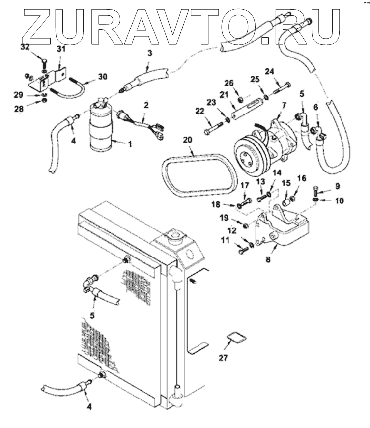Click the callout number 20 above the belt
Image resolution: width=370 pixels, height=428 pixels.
pyautogui.click(x=187, y=140)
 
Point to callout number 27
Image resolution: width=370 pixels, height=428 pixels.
pyautogui.click(x=223, y=358)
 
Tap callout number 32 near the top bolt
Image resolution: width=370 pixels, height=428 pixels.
pyautogui.click(x=25, y=47)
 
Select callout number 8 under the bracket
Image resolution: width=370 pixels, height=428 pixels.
pyautogui.click(x=268, y=259)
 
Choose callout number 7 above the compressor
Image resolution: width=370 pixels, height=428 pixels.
pyautogui.click(x=284, y=105)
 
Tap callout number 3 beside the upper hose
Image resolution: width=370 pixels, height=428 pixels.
pyautogui.click(x=150, y=53)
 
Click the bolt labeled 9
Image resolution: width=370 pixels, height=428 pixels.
pyautogui.click(x=316, y=190)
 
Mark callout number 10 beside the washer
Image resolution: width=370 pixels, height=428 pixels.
pyautogui.click(x=339, y=201)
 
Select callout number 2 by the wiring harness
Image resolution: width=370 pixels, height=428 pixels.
pyautogui.click(x=146, y=105)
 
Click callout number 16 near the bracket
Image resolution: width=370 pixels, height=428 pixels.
pyautogui.click(x=302, y=178)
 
